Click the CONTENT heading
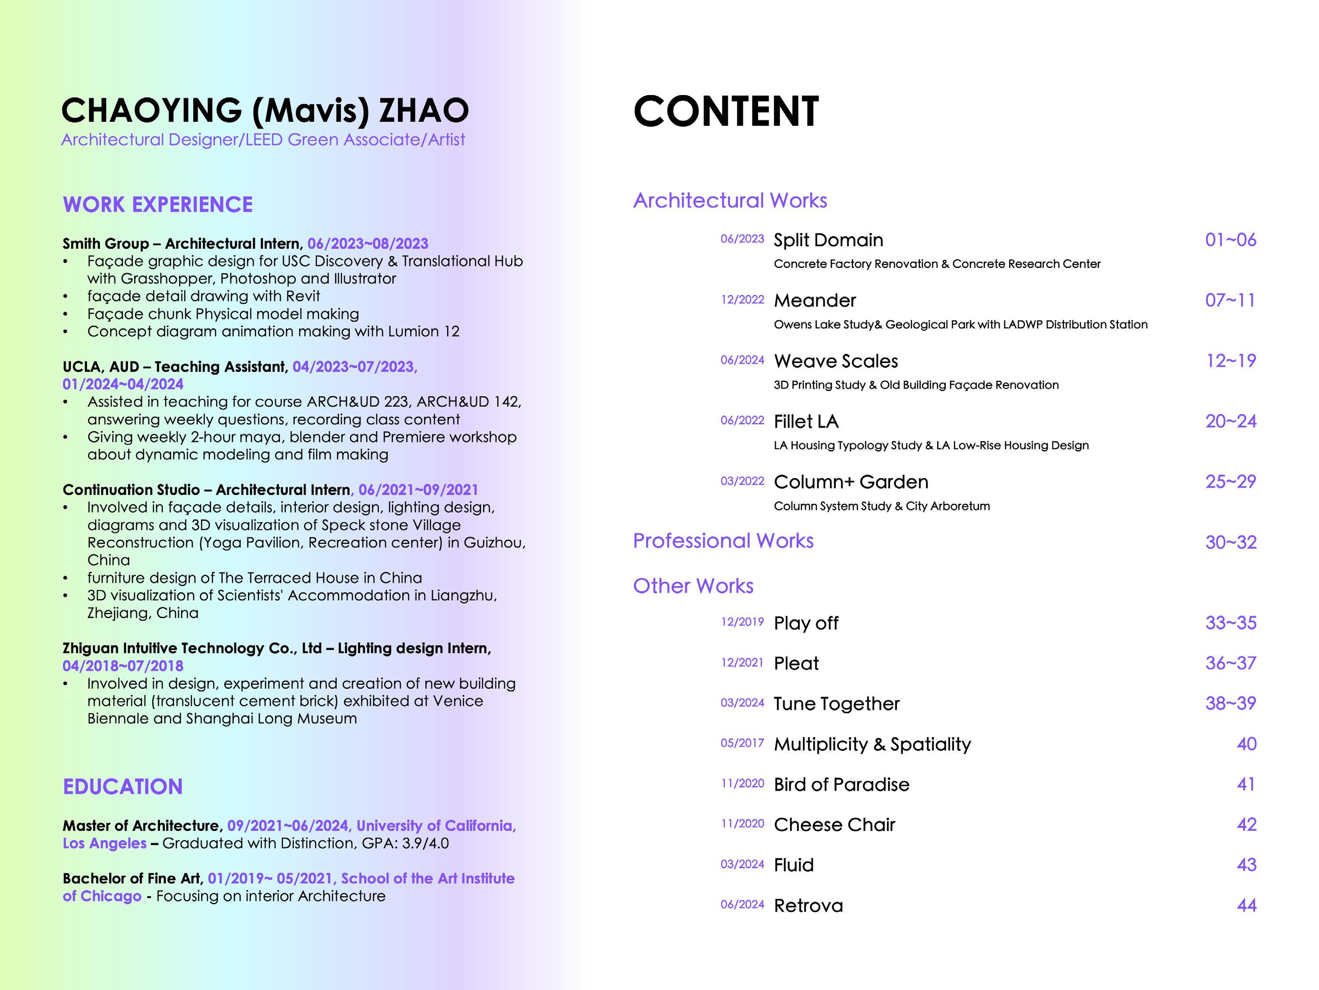click(726, 112)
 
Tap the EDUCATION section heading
click(123, 786)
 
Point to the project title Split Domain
click(828, 240)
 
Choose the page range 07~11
click(1230, 300)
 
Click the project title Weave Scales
click(835, 361)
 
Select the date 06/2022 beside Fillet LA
click(742, 420)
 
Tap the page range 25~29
click(1230, 482)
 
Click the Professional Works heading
click(723, 541)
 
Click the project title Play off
click(806, 623)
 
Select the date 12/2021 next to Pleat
click(742, 663)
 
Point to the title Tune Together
click(836, 703)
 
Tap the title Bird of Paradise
click(842, 784)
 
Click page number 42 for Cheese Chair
click(1246, 825)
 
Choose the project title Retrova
click(808, 905)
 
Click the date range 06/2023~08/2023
click(367, 244)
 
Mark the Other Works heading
click(693, 586)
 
